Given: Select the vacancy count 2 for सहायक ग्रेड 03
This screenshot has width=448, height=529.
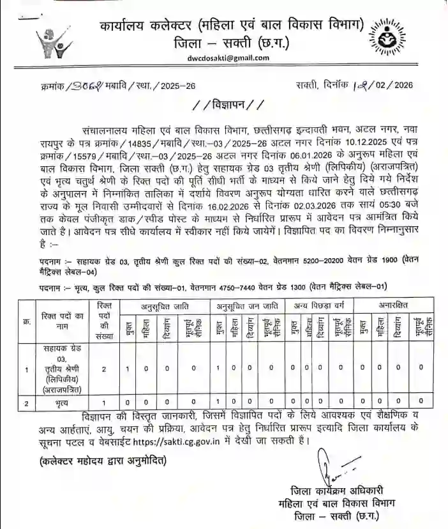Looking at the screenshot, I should click(x=103, y=369).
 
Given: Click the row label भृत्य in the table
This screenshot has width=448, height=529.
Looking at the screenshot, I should click(x=62, y=403).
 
